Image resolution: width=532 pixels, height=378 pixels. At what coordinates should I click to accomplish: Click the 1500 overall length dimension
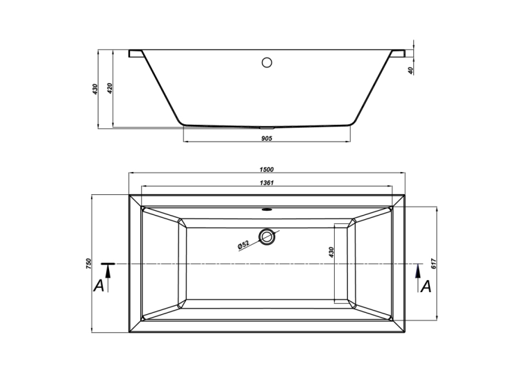pos(267,169)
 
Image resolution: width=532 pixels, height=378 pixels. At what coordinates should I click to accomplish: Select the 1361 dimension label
pos(267,183)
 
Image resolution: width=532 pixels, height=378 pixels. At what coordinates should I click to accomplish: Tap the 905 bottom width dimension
pos(267,138)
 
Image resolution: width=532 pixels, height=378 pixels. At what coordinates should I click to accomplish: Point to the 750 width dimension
pos(89,264)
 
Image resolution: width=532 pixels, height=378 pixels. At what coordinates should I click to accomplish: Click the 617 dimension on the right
pos(433,264)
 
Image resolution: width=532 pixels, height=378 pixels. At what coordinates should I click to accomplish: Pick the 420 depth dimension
pos(109,88)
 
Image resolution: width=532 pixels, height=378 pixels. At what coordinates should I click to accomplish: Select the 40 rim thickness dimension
pos(410,71)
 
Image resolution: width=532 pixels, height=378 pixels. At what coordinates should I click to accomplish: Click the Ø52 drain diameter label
pos(243,245)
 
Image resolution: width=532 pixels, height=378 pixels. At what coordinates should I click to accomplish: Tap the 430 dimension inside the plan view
pos(331,252)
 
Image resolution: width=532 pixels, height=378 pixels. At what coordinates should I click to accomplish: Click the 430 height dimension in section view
pos(95,89)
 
